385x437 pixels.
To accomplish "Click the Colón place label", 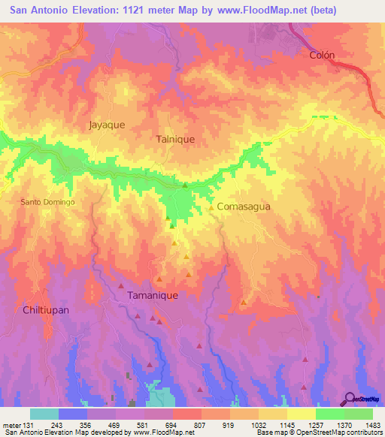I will pos(321,55).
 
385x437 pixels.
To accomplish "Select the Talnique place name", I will pos(175,139).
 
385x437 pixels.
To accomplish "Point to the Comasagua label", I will pos(243,206).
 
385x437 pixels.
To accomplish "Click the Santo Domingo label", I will pos(47,203).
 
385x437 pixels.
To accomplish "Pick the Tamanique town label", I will pos(153,295).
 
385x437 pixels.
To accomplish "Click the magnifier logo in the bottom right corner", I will pos(350,399).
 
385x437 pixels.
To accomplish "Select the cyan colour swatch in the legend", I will pos(44,414).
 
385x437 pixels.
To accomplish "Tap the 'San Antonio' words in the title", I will pos(37,11).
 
